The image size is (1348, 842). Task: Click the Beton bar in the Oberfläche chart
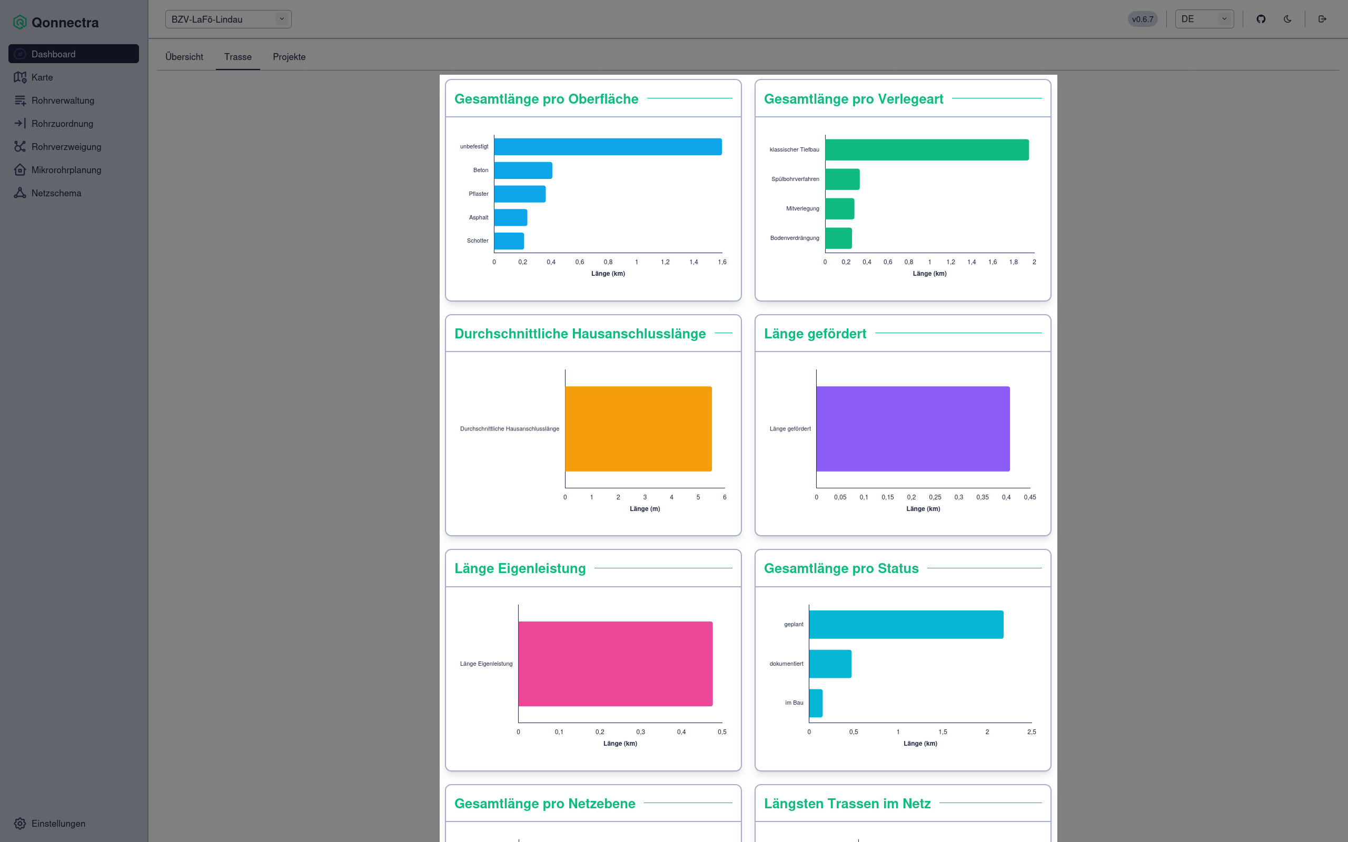coord(522,171)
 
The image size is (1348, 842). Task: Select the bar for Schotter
coord(509,241)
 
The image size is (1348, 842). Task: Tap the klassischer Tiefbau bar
coord(926,150)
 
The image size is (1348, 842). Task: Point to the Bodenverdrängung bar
coord(838,238)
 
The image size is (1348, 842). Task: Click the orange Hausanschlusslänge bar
coord(638,429)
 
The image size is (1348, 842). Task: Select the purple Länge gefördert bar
coord(913,429)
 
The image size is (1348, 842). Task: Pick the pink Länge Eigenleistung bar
coord(615,664)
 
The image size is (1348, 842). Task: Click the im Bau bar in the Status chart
coord(816,703)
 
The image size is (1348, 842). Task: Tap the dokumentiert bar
coord(830,664)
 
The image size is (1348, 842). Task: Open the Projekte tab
coord(289,57)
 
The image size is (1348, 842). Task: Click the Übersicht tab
coord(184,57)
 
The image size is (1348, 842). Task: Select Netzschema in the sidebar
coord(56,193)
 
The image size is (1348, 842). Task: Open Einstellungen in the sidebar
coord(58,823)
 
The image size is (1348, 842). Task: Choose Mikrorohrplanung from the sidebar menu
coord(66,170)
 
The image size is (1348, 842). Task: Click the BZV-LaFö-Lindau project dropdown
coord(228,19)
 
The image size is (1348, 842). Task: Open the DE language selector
coord(1204,19)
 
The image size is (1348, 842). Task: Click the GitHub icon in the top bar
coord(1261,19)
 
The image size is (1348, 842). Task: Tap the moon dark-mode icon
coord(1287,19)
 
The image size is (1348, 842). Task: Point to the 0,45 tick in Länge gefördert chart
coord(1029,497)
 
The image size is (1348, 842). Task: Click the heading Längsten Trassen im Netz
coord(847,804)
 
